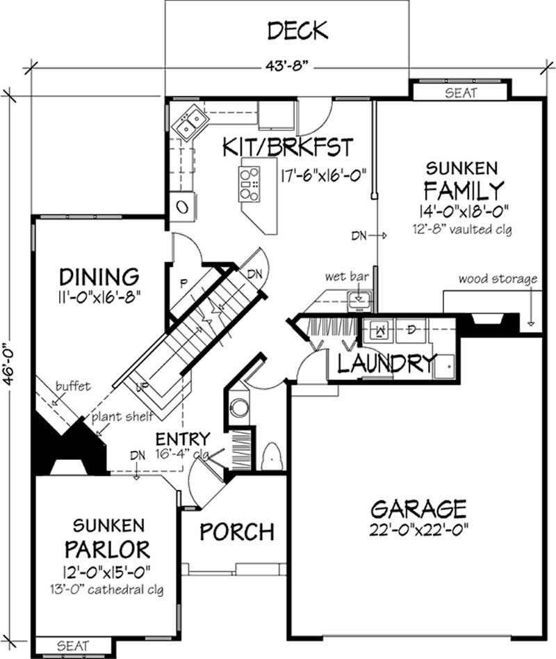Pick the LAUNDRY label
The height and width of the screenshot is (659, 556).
point(387,364)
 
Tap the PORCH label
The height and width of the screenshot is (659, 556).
point(236,532)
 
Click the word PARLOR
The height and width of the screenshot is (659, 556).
point(107,549)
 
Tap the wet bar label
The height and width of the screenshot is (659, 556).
point(345,276)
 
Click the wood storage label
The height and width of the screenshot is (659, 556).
point(498,279)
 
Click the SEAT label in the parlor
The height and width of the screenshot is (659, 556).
point(72,646)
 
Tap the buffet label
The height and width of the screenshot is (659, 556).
point(73,387)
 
